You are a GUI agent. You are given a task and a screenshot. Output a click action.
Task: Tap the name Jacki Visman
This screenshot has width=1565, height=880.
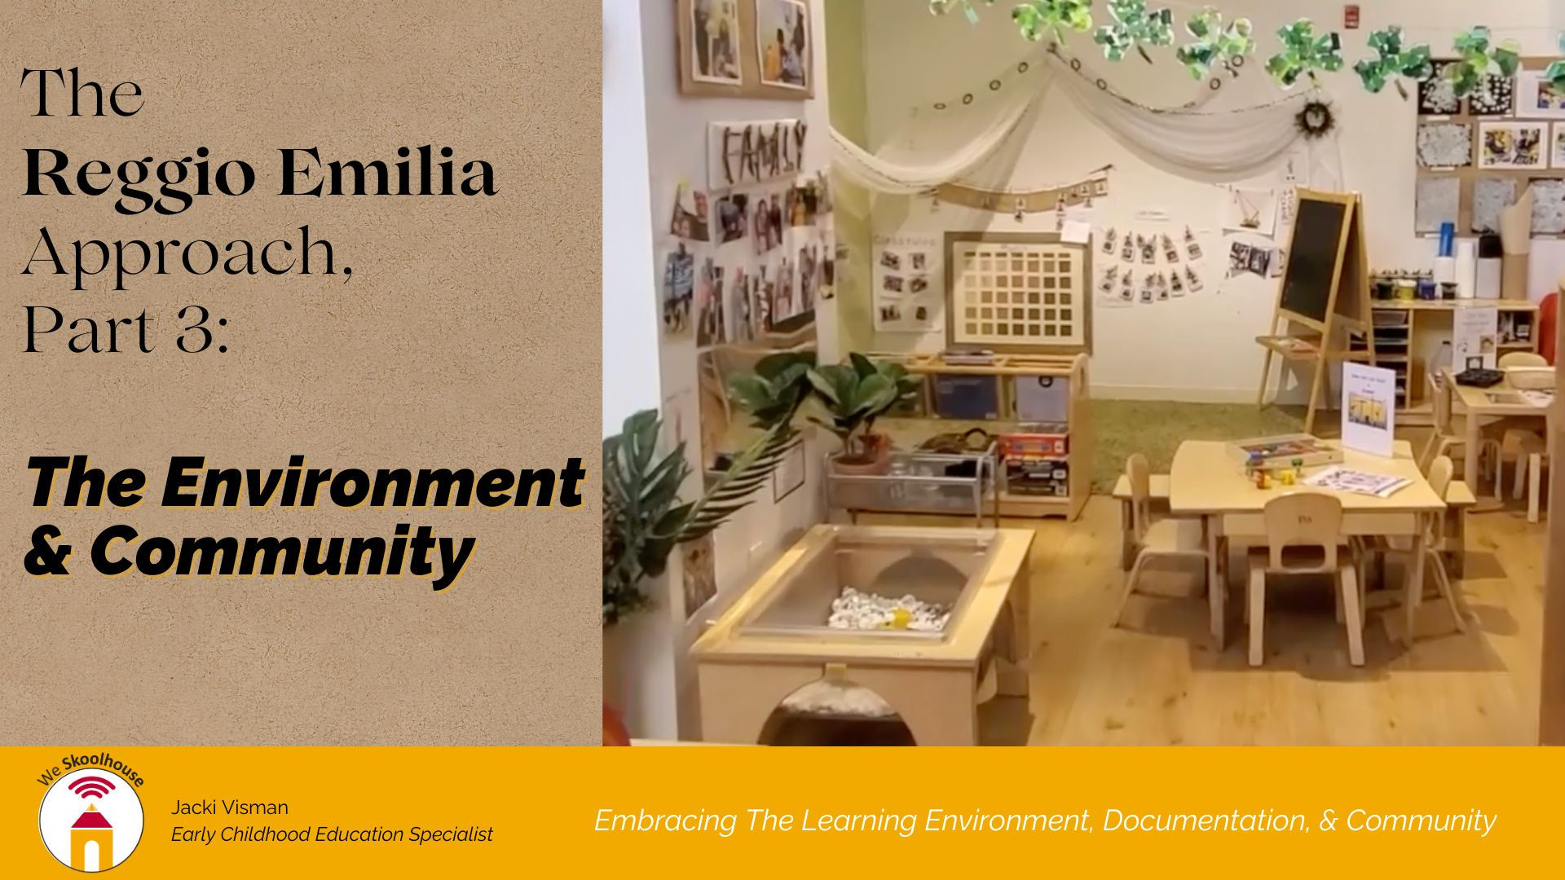pos(230,807)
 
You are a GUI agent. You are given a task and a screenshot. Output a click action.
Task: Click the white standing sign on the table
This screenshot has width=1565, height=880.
pos(1370,407)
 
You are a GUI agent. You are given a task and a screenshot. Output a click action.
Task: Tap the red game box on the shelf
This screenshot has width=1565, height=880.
pos(1033,445)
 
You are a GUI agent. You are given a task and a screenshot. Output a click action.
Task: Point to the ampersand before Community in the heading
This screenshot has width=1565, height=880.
pos(46,554)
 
